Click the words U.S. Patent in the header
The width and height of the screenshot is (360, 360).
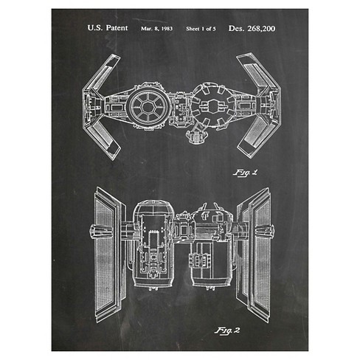tap(108, 28)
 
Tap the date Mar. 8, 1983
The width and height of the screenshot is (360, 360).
tap(156, 29)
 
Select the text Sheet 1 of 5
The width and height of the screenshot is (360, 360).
tap(201, 29)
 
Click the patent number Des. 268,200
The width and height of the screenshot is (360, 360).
tap(252, 29)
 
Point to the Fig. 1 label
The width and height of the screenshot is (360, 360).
tap(245, 173)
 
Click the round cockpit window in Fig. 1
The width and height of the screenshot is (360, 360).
tap(148, 106)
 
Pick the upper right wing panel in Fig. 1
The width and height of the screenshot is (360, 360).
tap(257, 72)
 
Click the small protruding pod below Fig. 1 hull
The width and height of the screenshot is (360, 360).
tap(195, 136)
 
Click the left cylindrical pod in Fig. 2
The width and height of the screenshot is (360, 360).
tap(153, 245)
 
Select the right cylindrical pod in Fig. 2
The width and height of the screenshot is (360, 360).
tap(212, 246)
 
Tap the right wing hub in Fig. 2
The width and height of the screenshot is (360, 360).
tap(265, 231)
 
